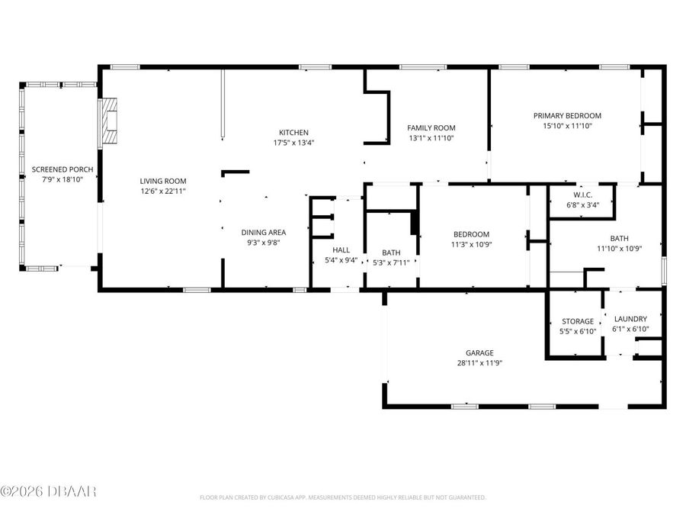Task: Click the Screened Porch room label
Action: [x=57, y=169]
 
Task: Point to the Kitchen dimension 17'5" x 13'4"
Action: [x=293, y=143]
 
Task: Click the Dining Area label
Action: [x=264, y=233]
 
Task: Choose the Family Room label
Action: [x=431, y=128]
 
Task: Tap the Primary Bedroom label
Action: [x=567, y=116]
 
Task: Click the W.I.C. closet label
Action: [x=582, y=195]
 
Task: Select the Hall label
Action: [x=341, y=250]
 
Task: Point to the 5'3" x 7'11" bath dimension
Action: [x=391, y=262]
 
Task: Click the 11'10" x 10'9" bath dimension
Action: [x=619, y=248]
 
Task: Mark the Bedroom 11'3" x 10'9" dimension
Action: [x=472, y=244]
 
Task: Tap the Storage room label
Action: [x=578, y=321]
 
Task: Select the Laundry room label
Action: [x=630, y=319]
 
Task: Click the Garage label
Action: [x=479, y=352]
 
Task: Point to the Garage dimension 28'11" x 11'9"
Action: [x=479, y=362]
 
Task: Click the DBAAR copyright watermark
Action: [x=49, y=491]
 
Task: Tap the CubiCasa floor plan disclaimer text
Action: [x=342, y=497]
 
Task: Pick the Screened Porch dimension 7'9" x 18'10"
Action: [x=57, y=179]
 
